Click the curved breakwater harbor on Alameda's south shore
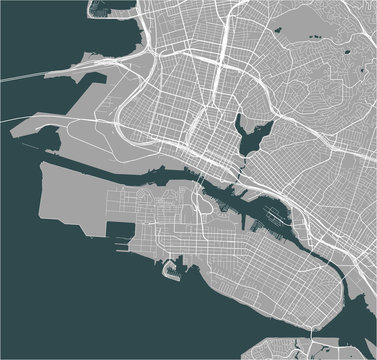[x=181, y=269]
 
